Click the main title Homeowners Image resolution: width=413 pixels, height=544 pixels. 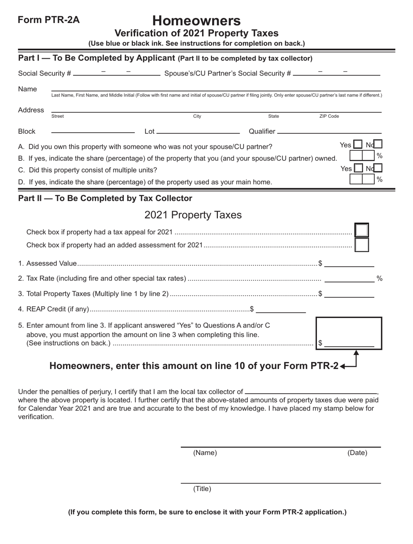click(x=197, y=20)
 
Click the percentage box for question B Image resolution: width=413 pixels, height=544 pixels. click(x=362, y=156)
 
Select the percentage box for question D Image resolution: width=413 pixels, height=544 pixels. click(x=362, y=179)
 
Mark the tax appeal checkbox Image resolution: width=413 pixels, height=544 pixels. click(x=362, y=231)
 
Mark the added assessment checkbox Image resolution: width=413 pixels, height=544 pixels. click(x=362, y=245)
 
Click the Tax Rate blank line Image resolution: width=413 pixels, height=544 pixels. click(x=350, y=278)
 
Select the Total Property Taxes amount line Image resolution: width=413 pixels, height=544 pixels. click(x=350, y=294)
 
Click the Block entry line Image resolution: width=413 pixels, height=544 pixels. click(x=93, y=131)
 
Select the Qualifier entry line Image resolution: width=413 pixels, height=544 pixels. click(x=329, y=131)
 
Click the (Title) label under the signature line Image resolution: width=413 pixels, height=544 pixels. click(x=202, y=489)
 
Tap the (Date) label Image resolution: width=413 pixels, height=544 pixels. click(x=357, y=453)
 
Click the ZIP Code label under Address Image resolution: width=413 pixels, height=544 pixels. click(x=329, y=116)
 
